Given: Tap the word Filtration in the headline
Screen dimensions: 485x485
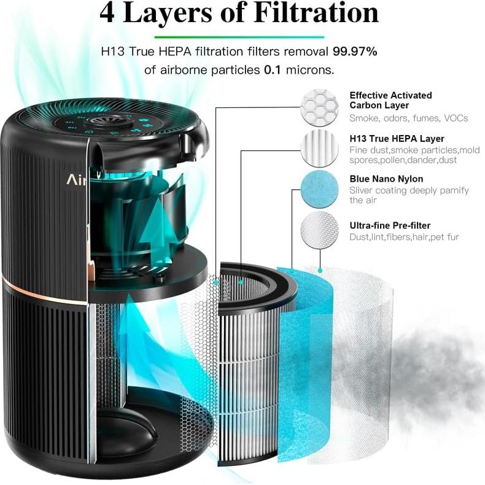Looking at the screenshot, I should pos(309,14).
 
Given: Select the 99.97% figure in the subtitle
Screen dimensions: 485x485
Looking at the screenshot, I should pos(355,52).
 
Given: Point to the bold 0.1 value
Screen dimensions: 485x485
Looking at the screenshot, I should pos(273,70).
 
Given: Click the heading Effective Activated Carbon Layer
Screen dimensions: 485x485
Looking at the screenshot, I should pos(390,100).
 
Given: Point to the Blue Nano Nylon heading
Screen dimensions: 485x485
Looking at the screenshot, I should pos(386,179).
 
